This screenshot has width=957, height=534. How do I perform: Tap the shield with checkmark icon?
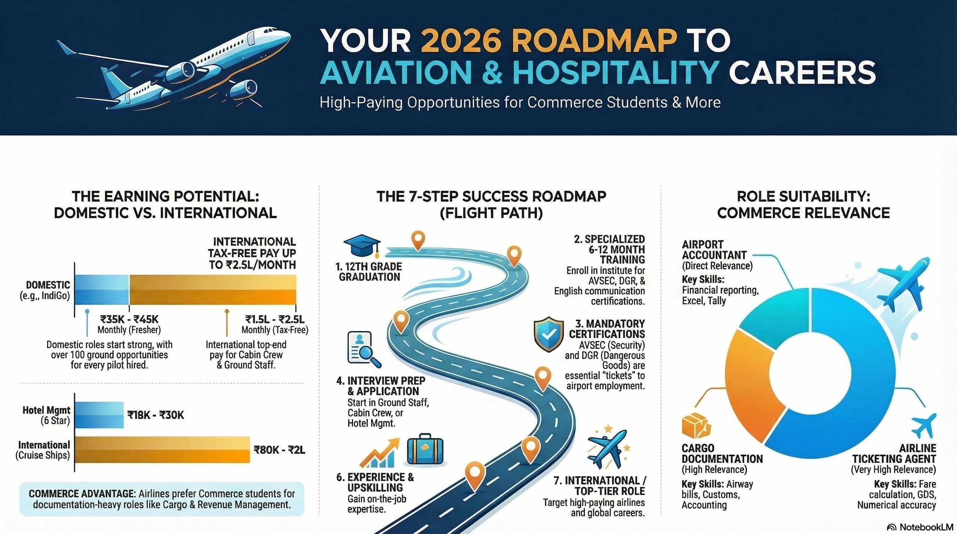548,334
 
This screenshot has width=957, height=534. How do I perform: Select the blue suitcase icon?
425,451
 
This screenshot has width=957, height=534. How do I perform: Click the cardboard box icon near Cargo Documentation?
695,426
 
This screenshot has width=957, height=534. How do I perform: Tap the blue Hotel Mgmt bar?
99,415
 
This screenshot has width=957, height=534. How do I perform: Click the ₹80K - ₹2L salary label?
279,450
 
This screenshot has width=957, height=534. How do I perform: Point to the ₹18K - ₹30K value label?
156,415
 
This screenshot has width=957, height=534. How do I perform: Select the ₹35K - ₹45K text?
129,319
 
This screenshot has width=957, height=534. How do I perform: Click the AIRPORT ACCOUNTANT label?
714,250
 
